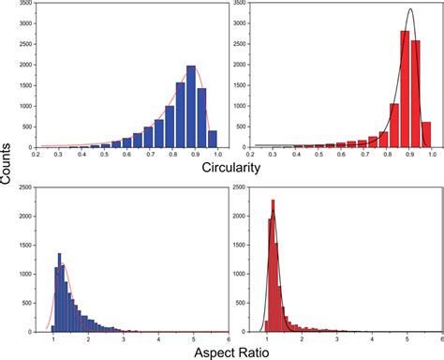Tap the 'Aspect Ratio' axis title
pyautogui.click(x=221, y=352)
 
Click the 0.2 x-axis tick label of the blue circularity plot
pyautogui.click(x=35, y=154)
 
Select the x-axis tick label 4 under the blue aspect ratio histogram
pyautogui.click(x=156, y=339)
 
